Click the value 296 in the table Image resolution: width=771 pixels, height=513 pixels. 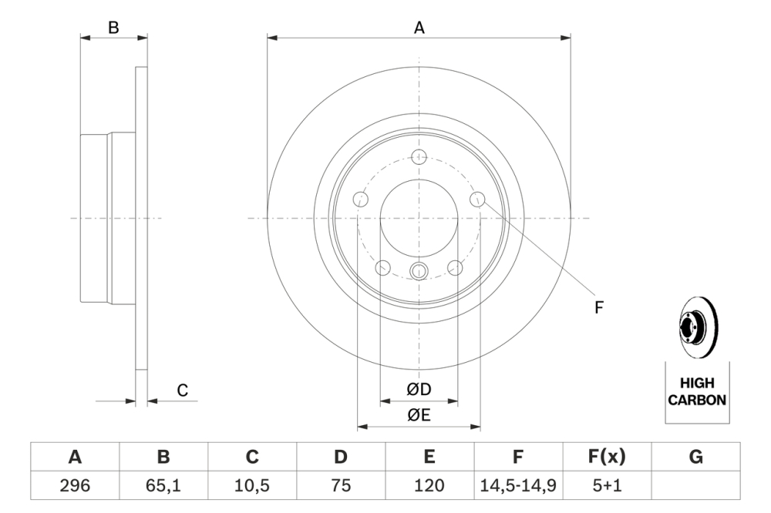point(75,485)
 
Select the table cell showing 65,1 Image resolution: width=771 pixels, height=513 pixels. point(163,485)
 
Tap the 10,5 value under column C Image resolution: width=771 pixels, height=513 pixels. point(252,485)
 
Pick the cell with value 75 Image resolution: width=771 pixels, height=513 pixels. point(341,485)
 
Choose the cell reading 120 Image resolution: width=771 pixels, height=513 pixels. point(429,485)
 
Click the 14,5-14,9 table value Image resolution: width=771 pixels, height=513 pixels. point(518,485)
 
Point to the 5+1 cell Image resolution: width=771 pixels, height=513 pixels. point(607,485)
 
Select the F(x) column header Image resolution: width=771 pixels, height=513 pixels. point(607,457)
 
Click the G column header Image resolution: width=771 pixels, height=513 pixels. point(695,457)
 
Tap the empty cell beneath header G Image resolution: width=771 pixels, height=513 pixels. point(695,485)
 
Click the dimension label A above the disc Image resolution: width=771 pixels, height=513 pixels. point(419,28)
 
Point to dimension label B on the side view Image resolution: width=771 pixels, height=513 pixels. point(113,28)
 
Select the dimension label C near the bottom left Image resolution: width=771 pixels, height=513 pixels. point(183,391)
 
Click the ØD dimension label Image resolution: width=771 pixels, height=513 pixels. point(419,391)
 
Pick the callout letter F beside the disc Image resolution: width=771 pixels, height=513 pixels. point(598,307)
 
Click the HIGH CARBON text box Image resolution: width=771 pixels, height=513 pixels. point(696,391)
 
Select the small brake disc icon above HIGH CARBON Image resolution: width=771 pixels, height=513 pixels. point(696,328)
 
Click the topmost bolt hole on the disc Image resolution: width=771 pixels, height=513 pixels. point(419,156)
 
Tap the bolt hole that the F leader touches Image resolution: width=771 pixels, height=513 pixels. point(477,199)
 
